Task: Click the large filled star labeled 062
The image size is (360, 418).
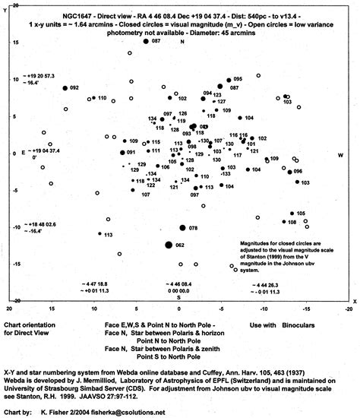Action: point(169,245)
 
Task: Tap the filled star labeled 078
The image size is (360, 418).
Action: point(182,227)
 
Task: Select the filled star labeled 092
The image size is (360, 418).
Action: point(65,88)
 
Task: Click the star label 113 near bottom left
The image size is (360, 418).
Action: point(108,235)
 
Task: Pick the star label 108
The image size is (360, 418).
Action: point(292,222)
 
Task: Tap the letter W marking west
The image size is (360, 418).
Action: point(340,154)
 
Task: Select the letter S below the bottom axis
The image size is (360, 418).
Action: point(179,297)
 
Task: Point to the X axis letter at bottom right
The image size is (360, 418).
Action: point(353,302)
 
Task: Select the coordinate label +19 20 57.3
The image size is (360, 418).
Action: point(42,77)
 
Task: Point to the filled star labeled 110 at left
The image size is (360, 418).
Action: point(91,99)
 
